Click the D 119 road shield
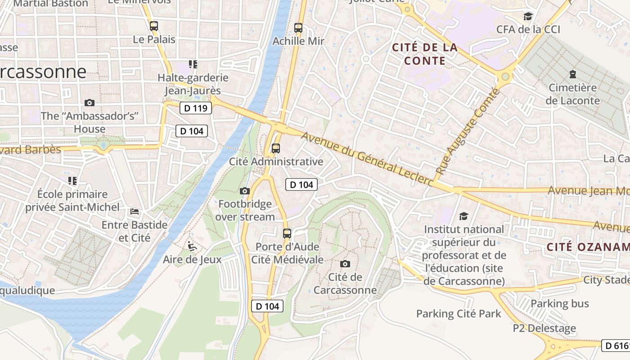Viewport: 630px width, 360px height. (196, 108)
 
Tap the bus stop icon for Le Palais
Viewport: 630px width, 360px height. (154, 26)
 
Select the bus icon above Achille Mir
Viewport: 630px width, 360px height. (298, 27)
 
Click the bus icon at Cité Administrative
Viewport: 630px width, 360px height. (276, 148)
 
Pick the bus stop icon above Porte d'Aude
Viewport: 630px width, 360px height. (287, 233)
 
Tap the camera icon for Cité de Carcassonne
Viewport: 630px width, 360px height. (345, 264)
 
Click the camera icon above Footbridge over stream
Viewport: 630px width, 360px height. (245, 191)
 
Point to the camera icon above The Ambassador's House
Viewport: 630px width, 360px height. (90, 103)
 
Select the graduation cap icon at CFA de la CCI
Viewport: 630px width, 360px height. (528, 17)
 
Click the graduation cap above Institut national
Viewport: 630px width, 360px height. (463, 216)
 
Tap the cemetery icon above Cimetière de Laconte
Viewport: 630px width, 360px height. (572, 74)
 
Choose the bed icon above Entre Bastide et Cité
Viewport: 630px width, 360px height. (135, 211)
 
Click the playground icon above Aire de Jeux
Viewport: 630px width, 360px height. (192, 246)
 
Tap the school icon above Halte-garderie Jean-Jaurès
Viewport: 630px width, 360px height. (193, 64)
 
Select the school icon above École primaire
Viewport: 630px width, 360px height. (72, 181)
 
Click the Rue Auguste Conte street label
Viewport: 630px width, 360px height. (468, 132)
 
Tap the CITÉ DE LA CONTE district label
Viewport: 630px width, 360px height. (425, 54)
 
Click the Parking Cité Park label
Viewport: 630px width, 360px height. (458, 314)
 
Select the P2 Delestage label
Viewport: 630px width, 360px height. (544, 328)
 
